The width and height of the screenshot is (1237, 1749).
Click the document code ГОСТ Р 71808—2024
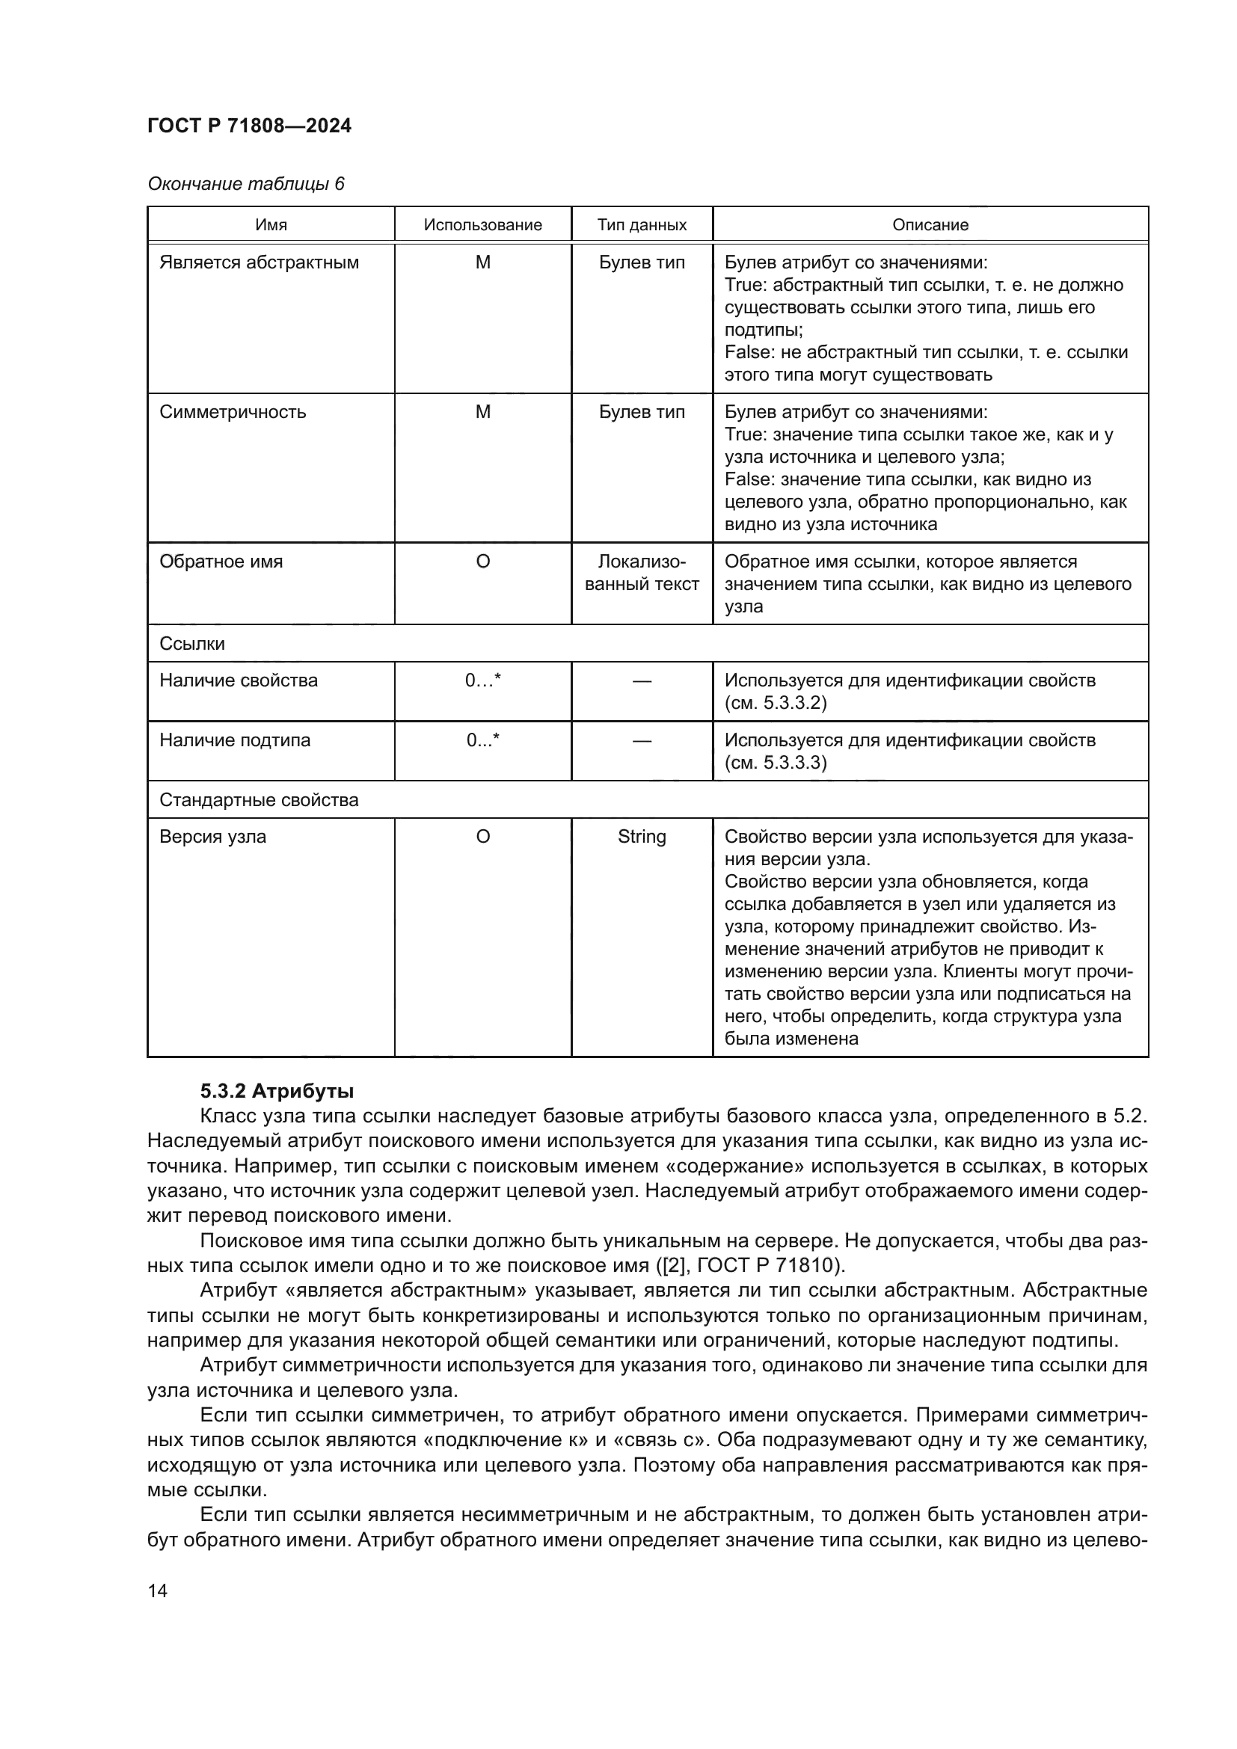(x=249, y=126)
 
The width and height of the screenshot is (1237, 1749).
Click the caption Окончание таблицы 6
(x=245, y=184)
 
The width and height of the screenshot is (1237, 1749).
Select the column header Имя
(x=271, y=225)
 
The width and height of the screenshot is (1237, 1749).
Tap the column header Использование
(x=482, y=225)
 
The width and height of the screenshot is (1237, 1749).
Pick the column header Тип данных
(x=642, y=225)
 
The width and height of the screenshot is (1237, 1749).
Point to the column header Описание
(x=930, y=225)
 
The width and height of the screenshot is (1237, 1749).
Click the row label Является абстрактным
(x=259, y=262)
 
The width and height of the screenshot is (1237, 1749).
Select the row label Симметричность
(x=233, y=412)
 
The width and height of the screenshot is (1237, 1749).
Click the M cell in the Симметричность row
(x=482, y=412)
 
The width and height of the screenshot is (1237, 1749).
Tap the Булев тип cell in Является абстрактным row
(x=642, y=262)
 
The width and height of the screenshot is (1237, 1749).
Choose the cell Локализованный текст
(x=642, y=573)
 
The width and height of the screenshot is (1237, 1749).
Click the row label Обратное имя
(x=221, y=562)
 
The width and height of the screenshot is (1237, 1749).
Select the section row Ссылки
(x=192, y=644)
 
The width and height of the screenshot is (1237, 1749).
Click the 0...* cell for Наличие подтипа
(x=482, y=740)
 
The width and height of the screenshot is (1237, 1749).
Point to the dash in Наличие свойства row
(x=642, y=681)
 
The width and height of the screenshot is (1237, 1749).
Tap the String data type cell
(x=642, y=837)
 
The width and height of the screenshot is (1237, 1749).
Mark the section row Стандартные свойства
(x=258, y=800)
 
